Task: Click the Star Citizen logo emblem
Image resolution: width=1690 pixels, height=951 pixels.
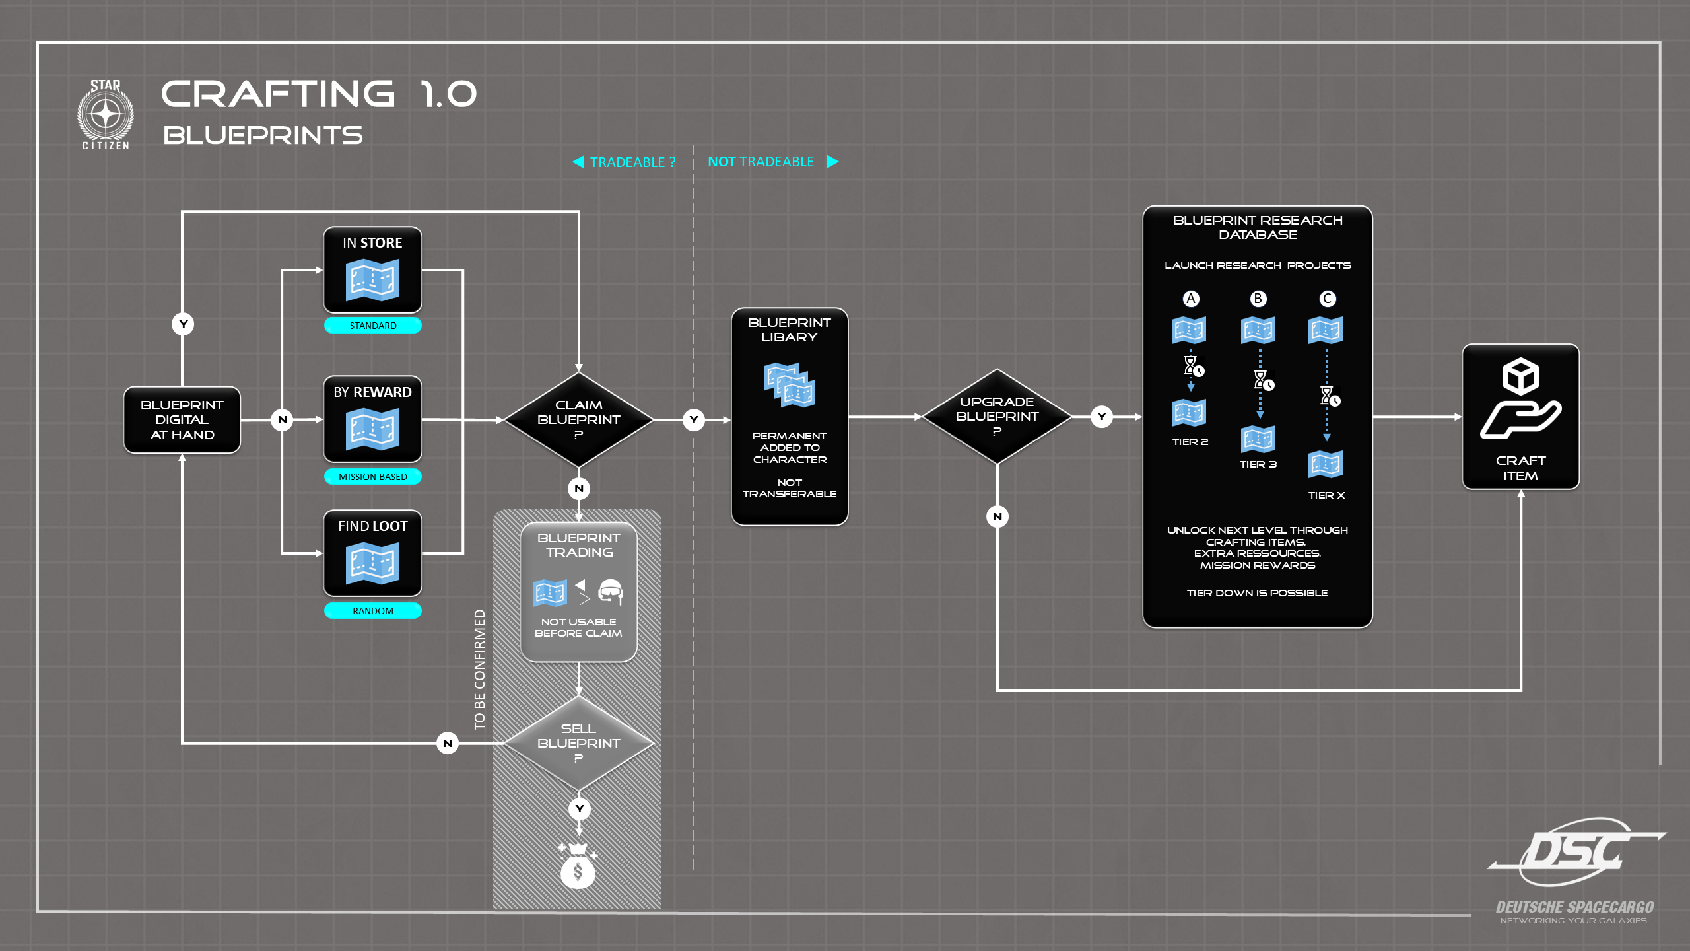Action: [106, 115]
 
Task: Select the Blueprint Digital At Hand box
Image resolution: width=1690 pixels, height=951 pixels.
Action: [182, 420]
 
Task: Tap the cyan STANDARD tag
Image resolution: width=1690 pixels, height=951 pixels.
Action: [373, 326]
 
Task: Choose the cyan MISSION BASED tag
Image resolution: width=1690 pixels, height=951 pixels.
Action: [373, 477]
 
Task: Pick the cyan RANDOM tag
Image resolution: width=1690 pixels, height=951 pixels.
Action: [373, 611]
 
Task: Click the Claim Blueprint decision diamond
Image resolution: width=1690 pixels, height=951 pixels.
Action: [578, 420]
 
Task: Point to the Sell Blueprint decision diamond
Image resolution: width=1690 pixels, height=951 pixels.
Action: [578, 743]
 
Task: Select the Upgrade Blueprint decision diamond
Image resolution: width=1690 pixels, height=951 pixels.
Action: [997, 417]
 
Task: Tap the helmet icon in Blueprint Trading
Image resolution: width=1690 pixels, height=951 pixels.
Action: [611, 592]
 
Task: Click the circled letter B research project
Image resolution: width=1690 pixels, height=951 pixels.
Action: [1258, 299]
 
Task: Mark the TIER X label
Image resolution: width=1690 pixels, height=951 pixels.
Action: [1326, 495]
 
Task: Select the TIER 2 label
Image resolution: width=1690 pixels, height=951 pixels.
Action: [1190, 442]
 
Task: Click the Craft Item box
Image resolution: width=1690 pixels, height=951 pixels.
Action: [1520, 417]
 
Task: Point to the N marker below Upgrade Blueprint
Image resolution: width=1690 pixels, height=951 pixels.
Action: [997, 516]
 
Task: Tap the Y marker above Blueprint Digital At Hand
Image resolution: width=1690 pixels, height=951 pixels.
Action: [183, 324]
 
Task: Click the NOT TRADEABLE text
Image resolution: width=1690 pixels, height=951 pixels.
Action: [761, 162]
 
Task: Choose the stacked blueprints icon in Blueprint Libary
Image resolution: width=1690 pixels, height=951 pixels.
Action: [790, 384]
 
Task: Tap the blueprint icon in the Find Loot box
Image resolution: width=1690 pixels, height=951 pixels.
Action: [372, 563]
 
